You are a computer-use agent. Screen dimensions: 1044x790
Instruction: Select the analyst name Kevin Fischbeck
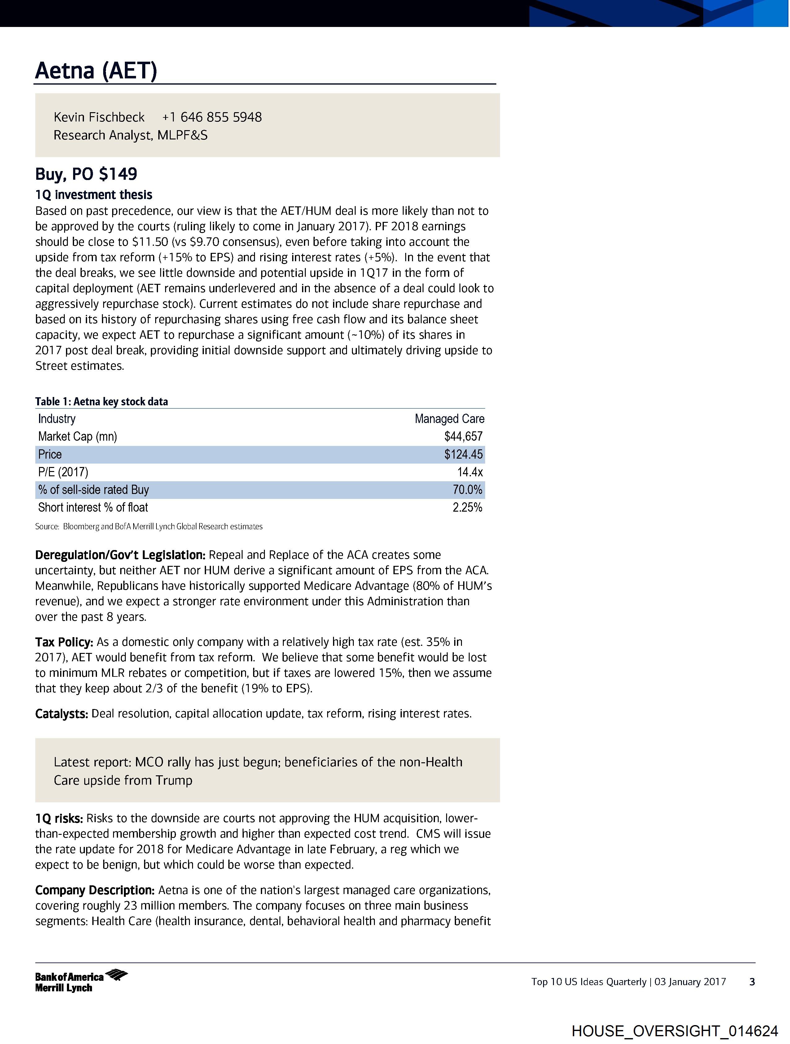(99, 117)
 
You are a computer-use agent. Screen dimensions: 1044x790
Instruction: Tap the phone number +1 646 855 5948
(212, 117)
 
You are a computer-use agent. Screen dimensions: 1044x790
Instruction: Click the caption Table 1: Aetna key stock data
(102, 402)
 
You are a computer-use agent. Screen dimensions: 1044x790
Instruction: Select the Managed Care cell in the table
(449, 419)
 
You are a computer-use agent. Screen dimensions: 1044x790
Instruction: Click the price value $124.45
(463, 455)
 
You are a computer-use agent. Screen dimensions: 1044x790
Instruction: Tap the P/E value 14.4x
(470, 472)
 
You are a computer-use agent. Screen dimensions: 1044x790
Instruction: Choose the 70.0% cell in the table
(467, 490)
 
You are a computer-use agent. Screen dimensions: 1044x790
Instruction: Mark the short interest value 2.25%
(467, 507)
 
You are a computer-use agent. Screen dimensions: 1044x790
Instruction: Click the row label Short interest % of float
(93, 507)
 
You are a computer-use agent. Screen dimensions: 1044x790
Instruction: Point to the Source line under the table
(149, 526)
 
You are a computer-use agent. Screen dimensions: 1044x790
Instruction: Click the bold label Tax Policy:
(64, 642)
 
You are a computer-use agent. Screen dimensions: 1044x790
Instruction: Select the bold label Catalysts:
(61, 714)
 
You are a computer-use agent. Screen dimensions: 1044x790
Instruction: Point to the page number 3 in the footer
(752, 982)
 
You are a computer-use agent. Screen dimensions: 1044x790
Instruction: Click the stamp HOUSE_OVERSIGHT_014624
(674, 1031)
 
